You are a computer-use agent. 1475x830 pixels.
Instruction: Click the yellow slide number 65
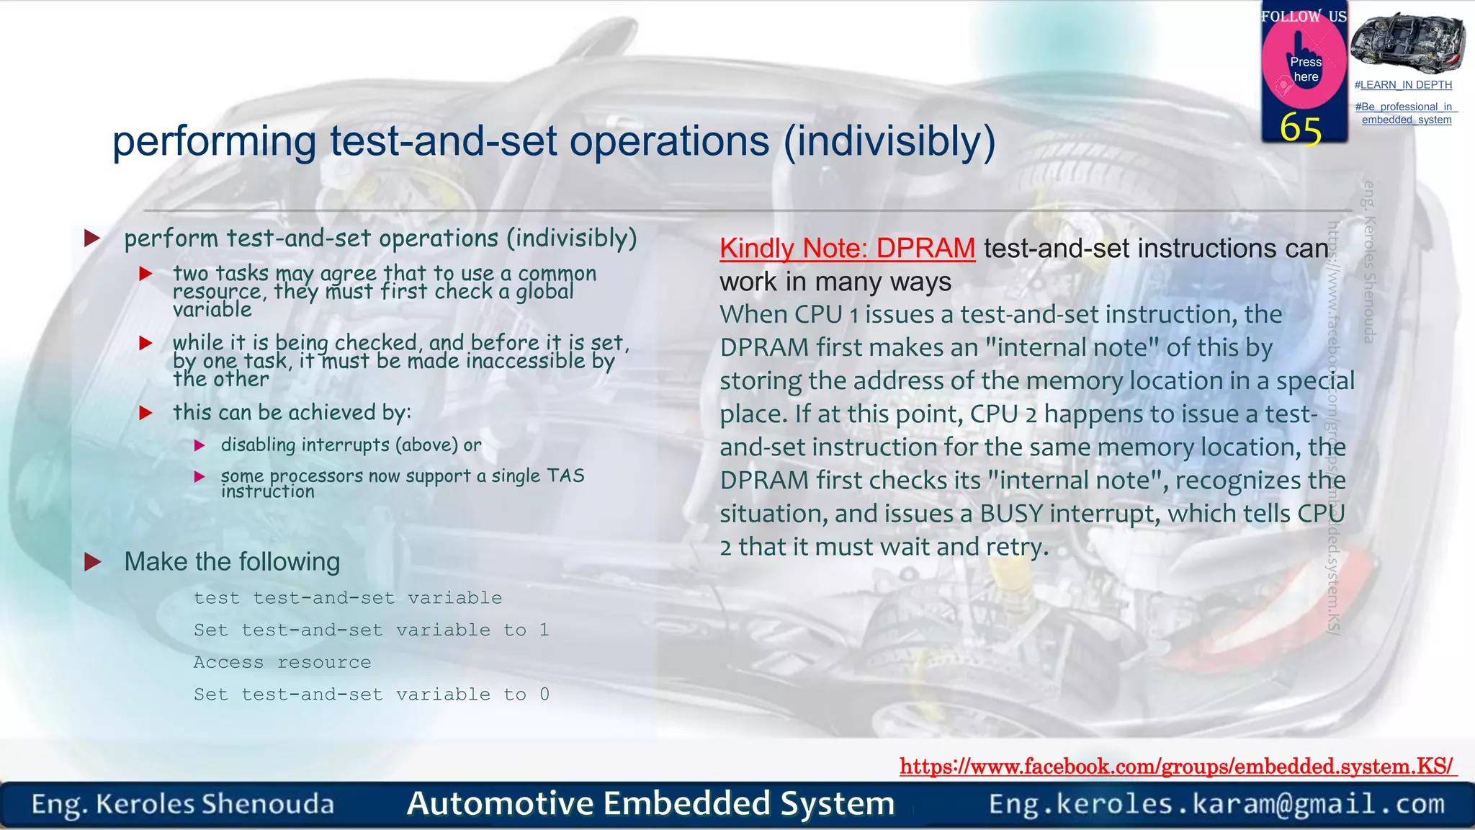pyautogui.click(x=1300, y=129)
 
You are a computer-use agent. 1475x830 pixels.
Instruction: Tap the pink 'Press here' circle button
pyautogui.click(x=1304, y=65)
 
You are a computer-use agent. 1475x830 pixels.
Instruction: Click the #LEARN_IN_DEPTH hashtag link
pyautogui.click(x=1403, y=85)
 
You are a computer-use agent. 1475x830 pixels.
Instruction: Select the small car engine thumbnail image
pyautogui.click(x=1407, y=42)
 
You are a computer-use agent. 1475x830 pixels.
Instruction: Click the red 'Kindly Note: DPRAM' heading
pyautogui.click(x=847, y=249)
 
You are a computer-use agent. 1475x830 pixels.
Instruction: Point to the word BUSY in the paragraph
pyautogui.click(x=1011, y=514)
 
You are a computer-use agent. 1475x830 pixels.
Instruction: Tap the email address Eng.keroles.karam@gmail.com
pyautogui.click(x=1216, y=803)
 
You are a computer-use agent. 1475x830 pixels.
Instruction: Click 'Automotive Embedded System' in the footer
pyautogui.click(x=650, y=803)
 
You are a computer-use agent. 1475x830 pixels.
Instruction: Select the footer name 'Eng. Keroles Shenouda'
pyautogui.click(x=183, y=804)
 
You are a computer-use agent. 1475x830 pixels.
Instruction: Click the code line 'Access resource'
pyautogui.click(x=282, y=662)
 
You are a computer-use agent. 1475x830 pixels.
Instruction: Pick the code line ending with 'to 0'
pyautogui.click(x=371, y=694)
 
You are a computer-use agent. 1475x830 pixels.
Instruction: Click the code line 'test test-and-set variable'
pyautogui.click(x=347, y=598)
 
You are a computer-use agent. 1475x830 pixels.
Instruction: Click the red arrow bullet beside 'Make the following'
pyautogui.click(x=92, y=562)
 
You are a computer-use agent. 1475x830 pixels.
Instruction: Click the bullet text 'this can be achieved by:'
pyautogui.click(x=292, y=412)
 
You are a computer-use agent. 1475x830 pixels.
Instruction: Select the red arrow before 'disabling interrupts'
pyautogui.click(x=200, y=445)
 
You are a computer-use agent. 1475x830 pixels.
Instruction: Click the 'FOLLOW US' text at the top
pyautogui.click(x=1304, y=16)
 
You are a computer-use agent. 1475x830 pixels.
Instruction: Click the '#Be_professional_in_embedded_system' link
pyautogui.click(x=1406, y=113)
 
